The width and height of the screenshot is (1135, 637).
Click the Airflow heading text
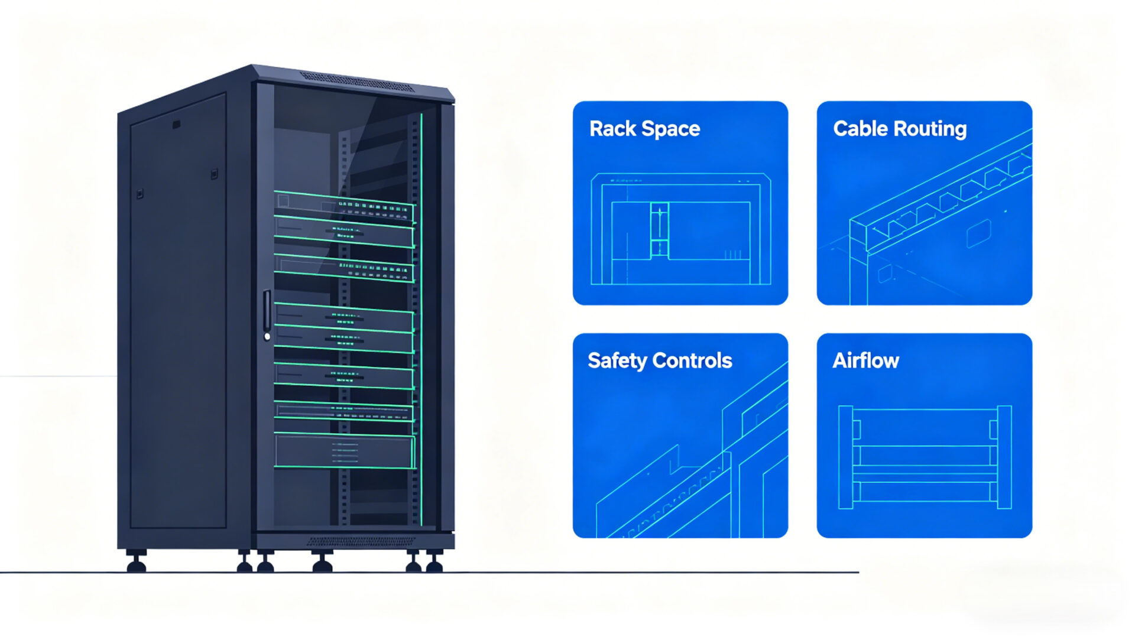pyautogui.click(x=865, y=360)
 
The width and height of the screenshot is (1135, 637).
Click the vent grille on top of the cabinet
pyautogui.click(x=357, y=82)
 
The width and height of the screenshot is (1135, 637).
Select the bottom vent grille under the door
pyautogui.click(x=361, y=541)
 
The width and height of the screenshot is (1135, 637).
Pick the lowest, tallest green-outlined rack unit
pyautogui.click(x=344, y=451)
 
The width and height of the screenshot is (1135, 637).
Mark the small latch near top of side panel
pyautogui.click(x=176, y=125)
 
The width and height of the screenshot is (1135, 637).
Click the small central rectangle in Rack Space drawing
pyautogui.click(x=659, y=230)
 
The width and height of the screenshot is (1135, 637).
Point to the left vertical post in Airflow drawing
pyautogui.click(x=845, y=457)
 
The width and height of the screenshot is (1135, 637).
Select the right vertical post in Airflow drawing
pyautogui.click(x=1004, y=457)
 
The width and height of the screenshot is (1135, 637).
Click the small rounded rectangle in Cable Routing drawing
pyautogui.click(x=978, y=233)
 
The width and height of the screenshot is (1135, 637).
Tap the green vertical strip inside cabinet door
pyautogui.click(x=421, y=319)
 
